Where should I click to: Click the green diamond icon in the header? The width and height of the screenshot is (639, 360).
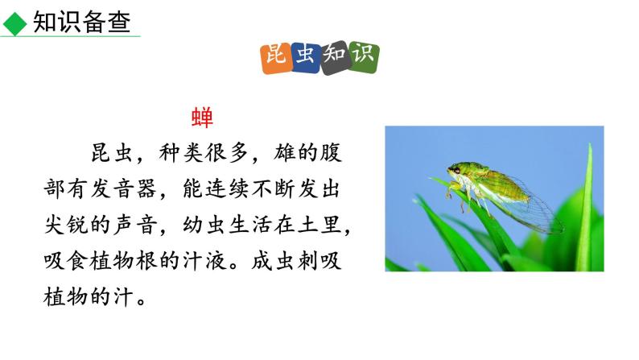tap(14, 23)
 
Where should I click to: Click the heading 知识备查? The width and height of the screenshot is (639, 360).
tap(81, 22)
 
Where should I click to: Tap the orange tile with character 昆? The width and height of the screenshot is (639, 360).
tap(276, 58)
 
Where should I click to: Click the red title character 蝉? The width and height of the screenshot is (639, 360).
tap(202, 118)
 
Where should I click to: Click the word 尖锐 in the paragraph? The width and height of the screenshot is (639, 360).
tap(62, 226)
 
